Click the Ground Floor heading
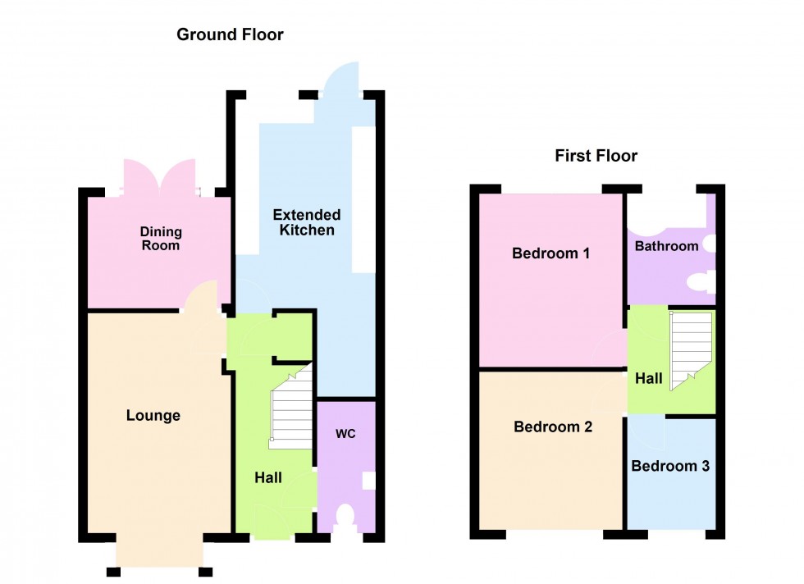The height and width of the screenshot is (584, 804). click(230, 34)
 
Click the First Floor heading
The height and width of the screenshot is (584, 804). click(596, 156)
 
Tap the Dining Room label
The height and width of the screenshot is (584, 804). click(160, 239)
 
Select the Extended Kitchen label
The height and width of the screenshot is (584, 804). click(307, 222)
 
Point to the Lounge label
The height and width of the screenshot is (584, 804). click(153, 416)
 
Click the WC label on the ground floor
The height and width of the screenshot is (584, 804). click(345, 433)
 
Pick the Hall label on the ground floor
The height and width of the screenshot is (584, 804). click(268, 477)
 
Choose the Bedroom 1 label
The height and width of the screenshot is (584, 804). click(550, 253)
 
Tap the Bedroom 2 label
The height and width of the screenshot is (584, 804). click(553, 427)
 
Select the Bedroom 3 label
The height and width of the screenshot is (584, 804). click(669, 466)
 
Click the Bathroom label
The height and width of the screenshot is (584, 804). click(666, 246)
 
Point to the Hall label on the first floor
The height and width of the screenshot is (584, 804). click(649, 378)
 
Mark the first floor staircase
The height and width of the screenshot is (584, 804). click(689, 349)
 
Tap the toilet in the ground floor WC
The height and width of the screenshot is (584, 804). click(345, 518)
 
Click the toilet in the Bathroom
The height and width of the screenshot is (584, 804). click(700, 283)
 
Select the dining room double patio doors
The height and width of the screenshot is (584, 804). click(159, 176)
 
